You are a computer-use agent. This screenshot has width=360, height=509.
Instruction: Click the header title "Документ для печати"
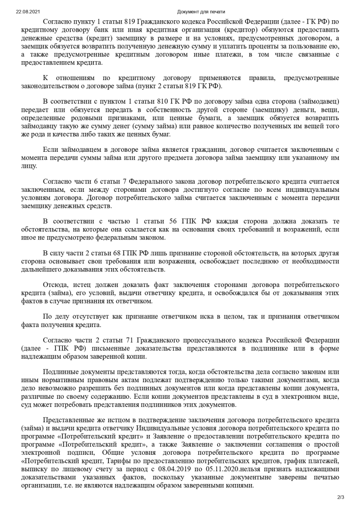click(201, 11)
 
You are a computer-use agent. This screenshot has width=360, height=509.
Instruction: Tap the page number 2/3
click(341, 497)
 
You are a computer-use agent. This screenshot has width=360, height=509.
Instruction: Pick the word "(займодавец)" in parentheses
click(319, 101)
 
